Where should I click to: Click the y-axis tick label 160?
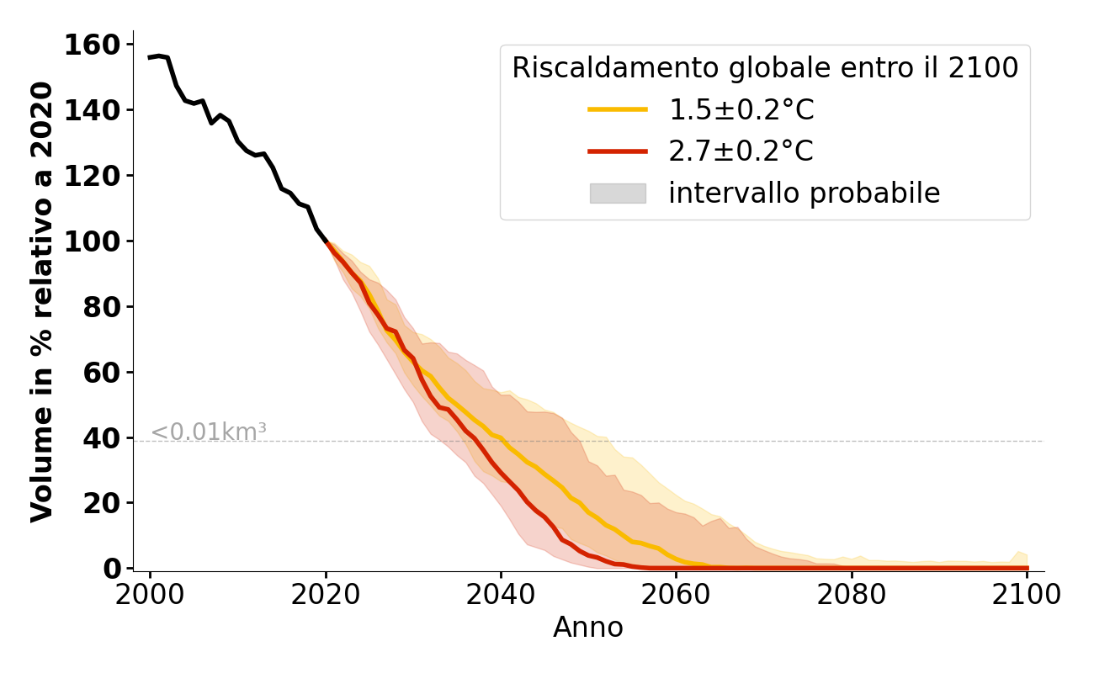93,45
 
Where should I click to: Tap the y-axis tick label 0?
112,569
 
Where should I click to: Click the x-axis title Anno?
588,628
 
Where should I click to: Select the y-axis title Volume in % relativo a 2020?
42,301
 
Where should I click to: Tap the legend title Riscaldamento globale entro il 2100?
765,68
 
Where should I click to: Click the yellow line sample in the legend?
618,109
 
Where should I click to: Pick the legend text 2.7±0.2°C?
741,151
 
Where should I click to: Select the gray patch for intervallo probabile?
618,193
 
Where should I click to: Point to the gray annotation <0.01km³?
209,432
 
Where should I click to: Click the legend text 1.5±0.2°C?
741,109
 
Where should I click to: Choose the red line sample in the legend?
618,151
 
